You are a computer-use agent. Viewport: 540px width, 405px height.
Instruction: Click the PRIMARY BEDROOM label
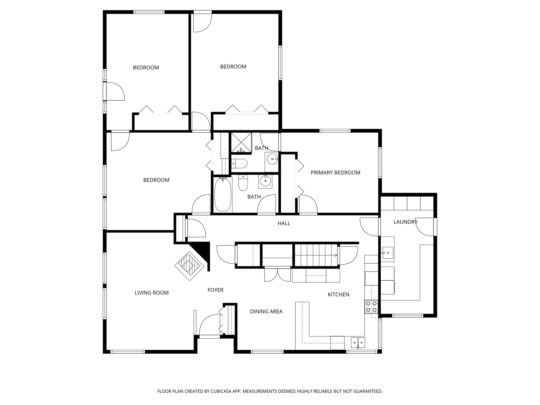click(x=335, y=173)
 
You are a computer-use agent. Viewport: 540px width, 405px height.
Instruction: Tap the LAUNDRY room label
click(x=405, y=222)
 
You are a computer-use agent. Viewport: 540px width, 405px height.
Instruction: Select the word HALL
click(x=284, y=224)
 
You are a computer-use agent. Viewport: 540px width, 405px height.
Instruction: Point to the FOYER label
click(x=215, y=290)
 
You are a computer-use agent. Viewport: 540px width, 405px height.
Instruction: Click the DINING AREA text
click(x=266, y=312)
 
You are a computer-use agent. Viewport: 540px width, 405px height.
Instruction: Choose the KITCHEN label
click(x=338, y=295)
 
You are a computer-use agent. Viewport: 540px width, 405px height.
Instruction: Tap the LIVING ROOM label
click(x=152, y=293)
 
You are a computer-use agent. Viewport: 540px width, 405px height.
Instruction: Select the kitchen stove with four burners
click(x=371, y=307)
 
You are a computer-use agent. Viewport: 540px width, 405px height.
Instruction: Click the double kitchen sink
click(x=358, y=343)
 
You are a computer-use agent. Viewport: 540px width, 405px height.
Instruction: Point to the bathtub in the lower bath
click(x=223, y=194)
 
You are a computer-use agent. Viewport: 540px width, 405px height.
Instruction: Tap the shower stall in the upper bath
click(x=241, y=142)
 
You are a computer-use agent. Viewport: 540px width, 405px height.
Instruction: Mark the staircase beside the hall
click(x=316, y=255)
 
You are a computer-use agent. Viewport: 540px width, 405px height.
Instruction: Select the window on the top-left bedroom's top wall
click(x=149, y=12)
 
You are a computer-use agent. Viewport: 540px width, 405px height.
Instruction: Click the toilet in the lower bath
click(x=243, y=184)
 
